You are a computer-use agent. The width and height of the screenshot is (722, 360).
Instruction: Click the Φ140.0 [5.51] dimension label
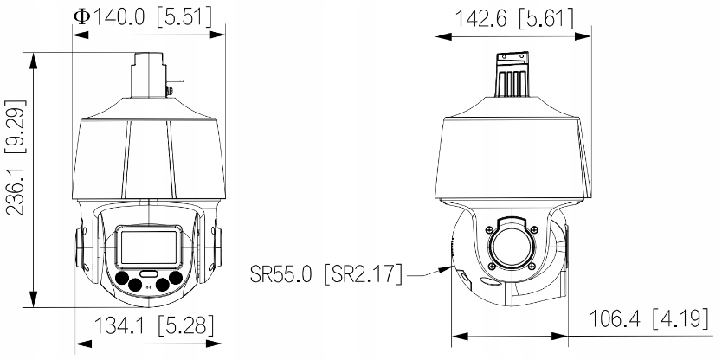click(x=143, y=17)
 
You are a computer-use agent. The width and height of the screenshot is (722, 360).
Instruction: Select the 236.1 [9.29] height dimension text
click(x=16, y=157)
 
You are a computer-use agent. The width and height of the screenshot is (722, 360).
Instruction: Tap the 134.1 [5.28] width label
click(x=154, y=326)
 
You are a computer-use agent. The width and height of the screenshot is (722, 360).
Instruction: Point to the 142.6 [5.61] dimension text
click(x=514, y=18)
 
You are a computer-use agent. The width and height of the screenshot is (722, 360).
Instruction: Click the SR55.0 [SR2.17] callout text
click(x=326, y=274)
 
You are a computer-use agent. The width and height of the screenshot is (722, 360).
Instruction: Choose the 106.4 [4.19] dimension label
click(x=648, y=318)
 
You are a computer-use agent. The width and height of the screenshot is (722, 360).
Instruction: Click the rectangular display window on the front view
click(x=148, y=247)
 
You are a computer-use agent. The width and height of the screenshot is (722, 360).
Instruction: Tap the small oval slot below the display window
click(x=148, y=273)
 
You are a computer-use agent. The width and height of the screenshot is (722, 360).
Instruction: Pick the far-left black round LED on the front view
click(x=122, y=278)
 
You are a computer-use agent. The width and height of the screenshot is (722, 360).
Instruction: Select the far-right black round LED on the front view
click(x=176, y=278)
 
